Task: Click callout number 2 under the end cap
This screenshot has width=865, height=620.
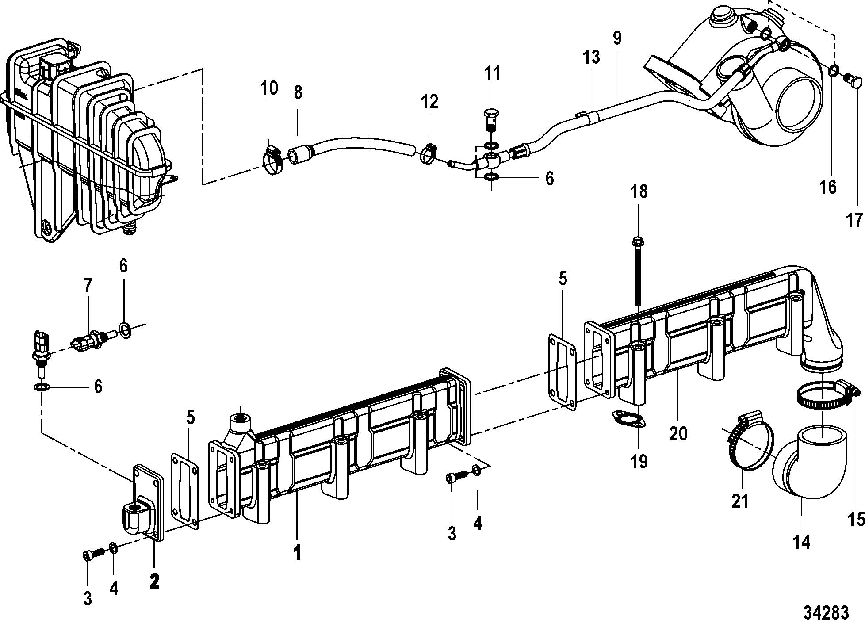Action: click(x=154, y=581)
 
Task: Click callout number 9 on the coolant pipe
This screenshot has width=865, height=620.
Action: click(x=617, y=39)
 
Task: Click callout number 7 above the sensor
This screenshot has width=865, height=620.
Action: click(x=88, y=287)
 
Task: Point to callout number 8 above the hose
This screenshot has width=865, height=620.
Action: click(x=298, y=93)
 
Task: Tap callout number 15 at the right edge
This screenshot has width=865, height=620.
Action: click(x=855, y=520)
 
